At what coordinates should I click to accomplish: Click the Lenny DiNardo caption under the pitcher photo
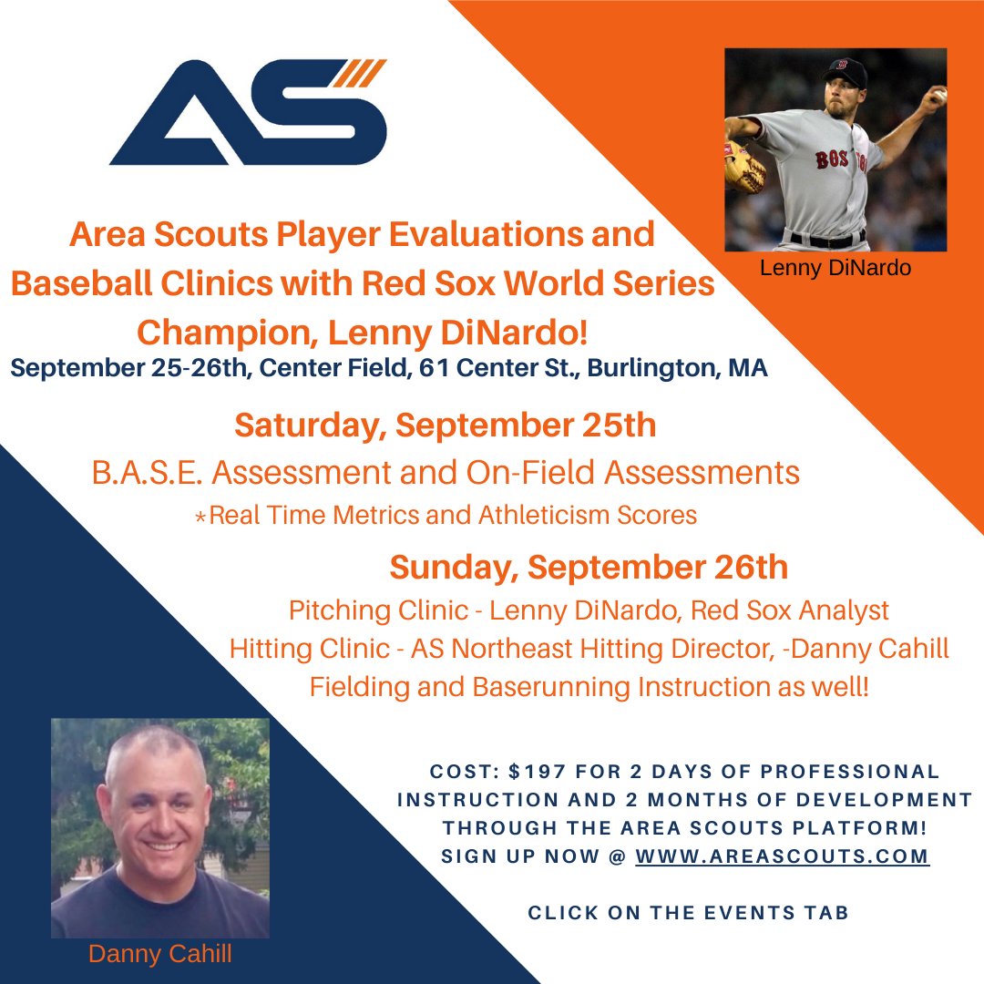click(x=835, y=268)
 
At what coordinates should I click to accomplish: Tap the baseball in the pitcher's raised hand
click(x=939, y=94)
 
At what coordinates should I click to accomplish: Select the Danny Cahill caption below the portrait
click(x=159, y=954)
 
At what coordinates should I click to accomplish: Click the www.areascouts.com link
click(x=782, y=856)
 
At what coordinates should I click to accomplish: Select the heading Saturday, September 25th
click(x=445, y=425)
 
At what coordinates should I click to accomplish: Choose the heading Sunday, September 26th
click(x=589, y=567)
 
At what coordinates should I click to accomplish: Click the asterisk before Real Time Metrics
click(x=200, y=517)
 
